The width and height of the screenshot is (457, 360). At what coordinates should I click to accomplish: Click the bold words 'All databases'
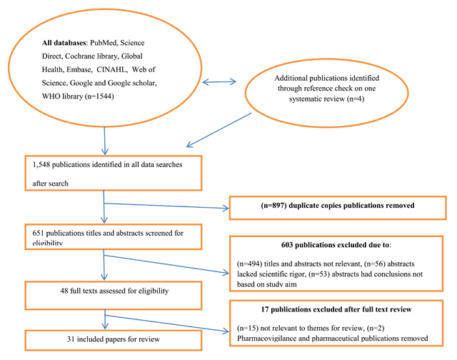(x=65, y=44)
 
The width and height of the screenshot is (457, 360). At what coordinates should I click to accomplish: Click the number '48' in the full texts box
(x=38, y=291)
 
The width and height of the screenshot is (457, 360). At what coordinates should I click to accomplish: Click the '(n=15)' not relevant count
(x=247, y=326)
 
